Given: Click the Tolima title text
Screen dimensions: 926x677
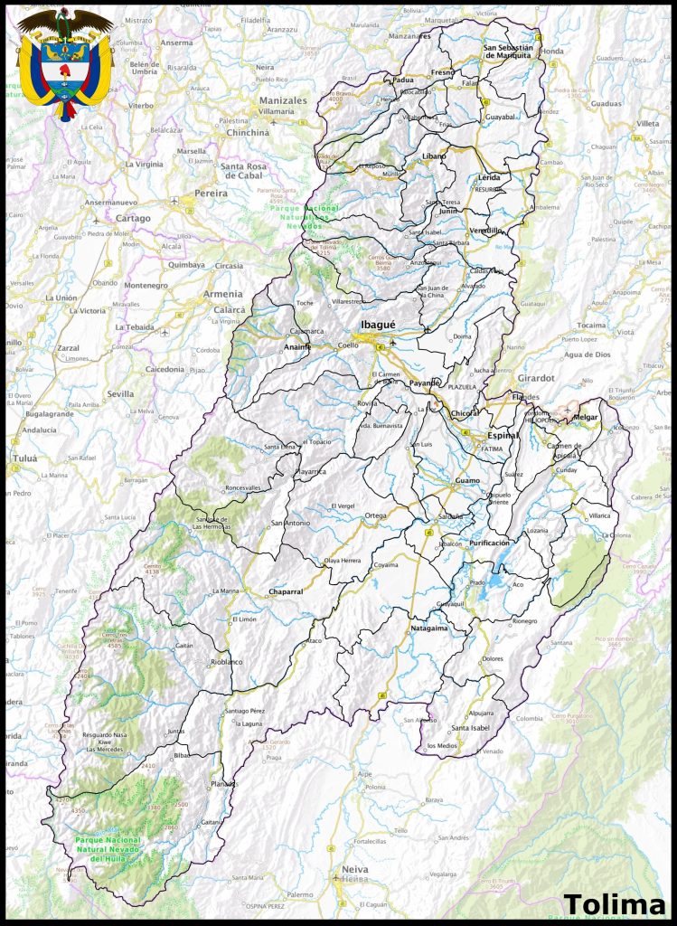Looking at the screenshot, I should pos(614,904).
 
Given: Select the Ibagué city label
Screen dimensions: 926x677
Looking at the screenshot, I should pos(378,325).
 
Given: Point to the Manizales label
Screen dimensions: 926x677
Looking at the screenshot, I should pos(283,100).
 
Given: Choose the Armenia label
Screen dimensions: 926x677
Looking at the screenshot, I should pos(221,294).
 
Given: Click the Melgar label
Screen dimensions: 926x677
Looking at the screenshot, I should pos(586,417).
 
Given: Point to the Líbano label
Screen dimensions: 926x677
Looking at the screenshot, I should pos(435,156).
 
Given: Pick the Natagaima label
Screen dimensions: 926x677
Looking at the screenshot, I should pos(429,627).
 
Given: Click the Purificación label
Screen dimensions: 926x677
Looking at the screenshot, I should pos(489,543).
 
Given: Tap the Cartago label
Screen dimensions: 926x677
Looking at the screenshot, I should pos(134,218).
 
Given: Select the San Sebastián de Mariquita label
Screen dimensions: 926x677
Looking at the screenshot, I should pos(512,51).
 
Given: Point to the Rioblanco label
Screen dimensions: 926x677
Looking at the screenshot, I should pos(227,661).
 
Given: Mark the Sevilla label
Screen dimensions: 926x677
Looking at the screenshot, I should pos(120,394).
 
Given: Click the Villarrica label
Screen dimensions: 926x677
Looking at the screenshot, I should pos(599,515).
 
